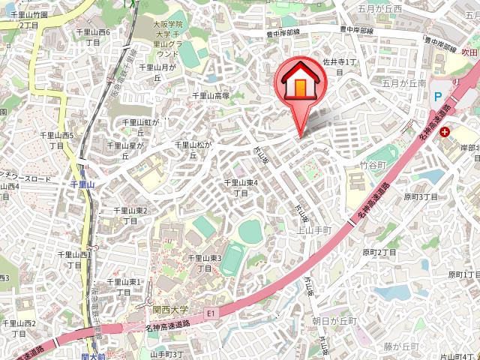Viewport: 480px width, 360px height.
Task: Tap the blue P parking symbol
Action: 438,96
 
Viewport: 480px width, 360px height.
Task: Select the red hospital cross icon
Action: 446,132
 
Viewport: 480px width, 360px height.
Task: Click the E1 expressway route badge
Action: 211,310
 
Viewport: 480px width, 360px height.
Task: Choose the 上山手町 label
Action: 315,230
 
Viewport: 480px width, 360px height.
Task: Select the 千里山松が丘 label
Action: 194,150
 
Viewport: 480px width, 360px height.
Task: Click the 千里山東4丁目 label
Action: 241,187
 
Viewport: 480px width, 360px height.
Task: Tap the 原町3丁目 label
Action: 421,196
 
